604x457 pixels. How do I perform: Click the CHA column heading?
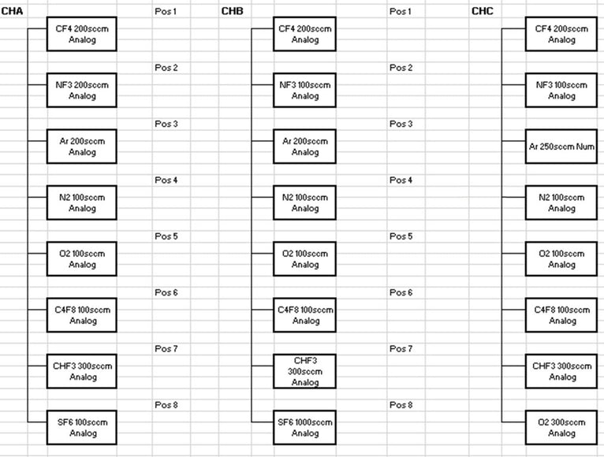pyautogui.click(x=12, y=11)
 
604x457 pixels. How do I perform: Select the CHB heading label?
pyautogui.click(x=232, y=11)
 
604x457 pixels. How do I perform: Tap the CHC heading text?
pyautogui.click(x=483, y=11)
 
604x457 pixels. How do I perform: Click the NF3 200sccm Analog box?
pyautogui.click(x=82, y=90)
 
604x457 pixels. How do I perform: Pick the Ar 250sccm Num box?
pyautogui.click(x=561, y=147)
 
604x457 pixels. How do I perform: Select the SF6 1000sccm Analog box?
pyautogui.click(x=304, y=427)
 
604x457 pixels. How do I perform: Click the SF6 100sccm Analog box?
pyautogui.click(x=82, y=427)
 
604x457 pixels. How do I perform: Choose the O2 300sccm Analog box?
pyautogui.click(x=561, y=427)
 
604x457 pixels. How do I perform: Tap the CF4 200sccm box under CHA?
pyautogui.click(x=82, y=34)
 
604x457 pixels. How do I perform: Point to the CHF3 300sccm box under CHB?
pyautogui.click(x=304, y=371)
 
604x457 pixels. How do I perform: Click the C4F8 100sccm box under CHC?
pyautogui.click(x=561, y=315)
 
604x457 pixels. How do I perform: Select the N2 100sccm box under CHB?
pyautogui.click(x=304, y=202)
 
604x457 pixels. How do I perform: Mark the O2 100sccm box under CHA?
pyautogui.click(x=82, y=258)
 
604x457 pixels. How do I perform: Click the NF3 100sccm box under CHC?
pyautogui.click(x=561, y=90)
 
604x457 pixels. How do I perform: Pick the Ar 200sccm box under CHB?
pyautogui.click(x=304, y=147)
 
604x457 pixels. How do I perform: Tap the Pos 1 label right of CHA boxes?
pyautogui.click(x=166, y=11)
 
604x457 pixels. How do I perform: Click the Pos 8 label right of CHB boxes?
pyautogui.click(x=401, y=405)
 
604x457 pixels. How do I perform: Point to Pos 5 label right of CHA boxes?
pyautogui.click(x=166, y=236)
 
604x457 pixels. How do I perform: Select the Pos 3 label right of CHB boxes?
pyautogui.click(x=401, y=124)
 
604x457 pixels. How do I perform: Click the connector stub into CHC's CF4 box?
pyautogui.click(x=513, y=28)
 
